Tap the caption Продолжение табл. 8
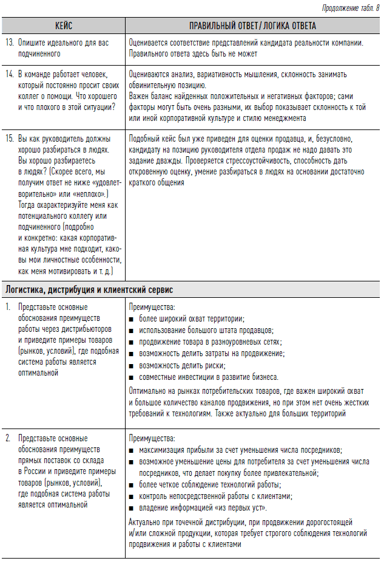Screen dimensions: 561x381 pos(345,7)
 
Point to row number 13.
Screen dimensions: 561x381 pos(9,43)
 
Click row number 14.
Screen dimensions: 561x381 pos(9,75)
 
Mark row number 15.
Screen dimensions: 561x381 pos(9,138)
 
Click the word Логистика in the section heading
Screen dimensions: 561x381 pos(25,289)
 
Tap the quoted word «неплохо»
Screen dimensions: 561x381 pos(90,193)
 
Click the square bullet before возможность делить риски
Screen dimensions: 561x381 pos(132,365)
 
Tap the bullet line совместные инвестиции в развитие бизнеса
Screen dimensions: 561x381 pos(208,377)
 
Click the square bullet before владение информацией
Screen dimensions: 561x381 pos(132,508)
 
